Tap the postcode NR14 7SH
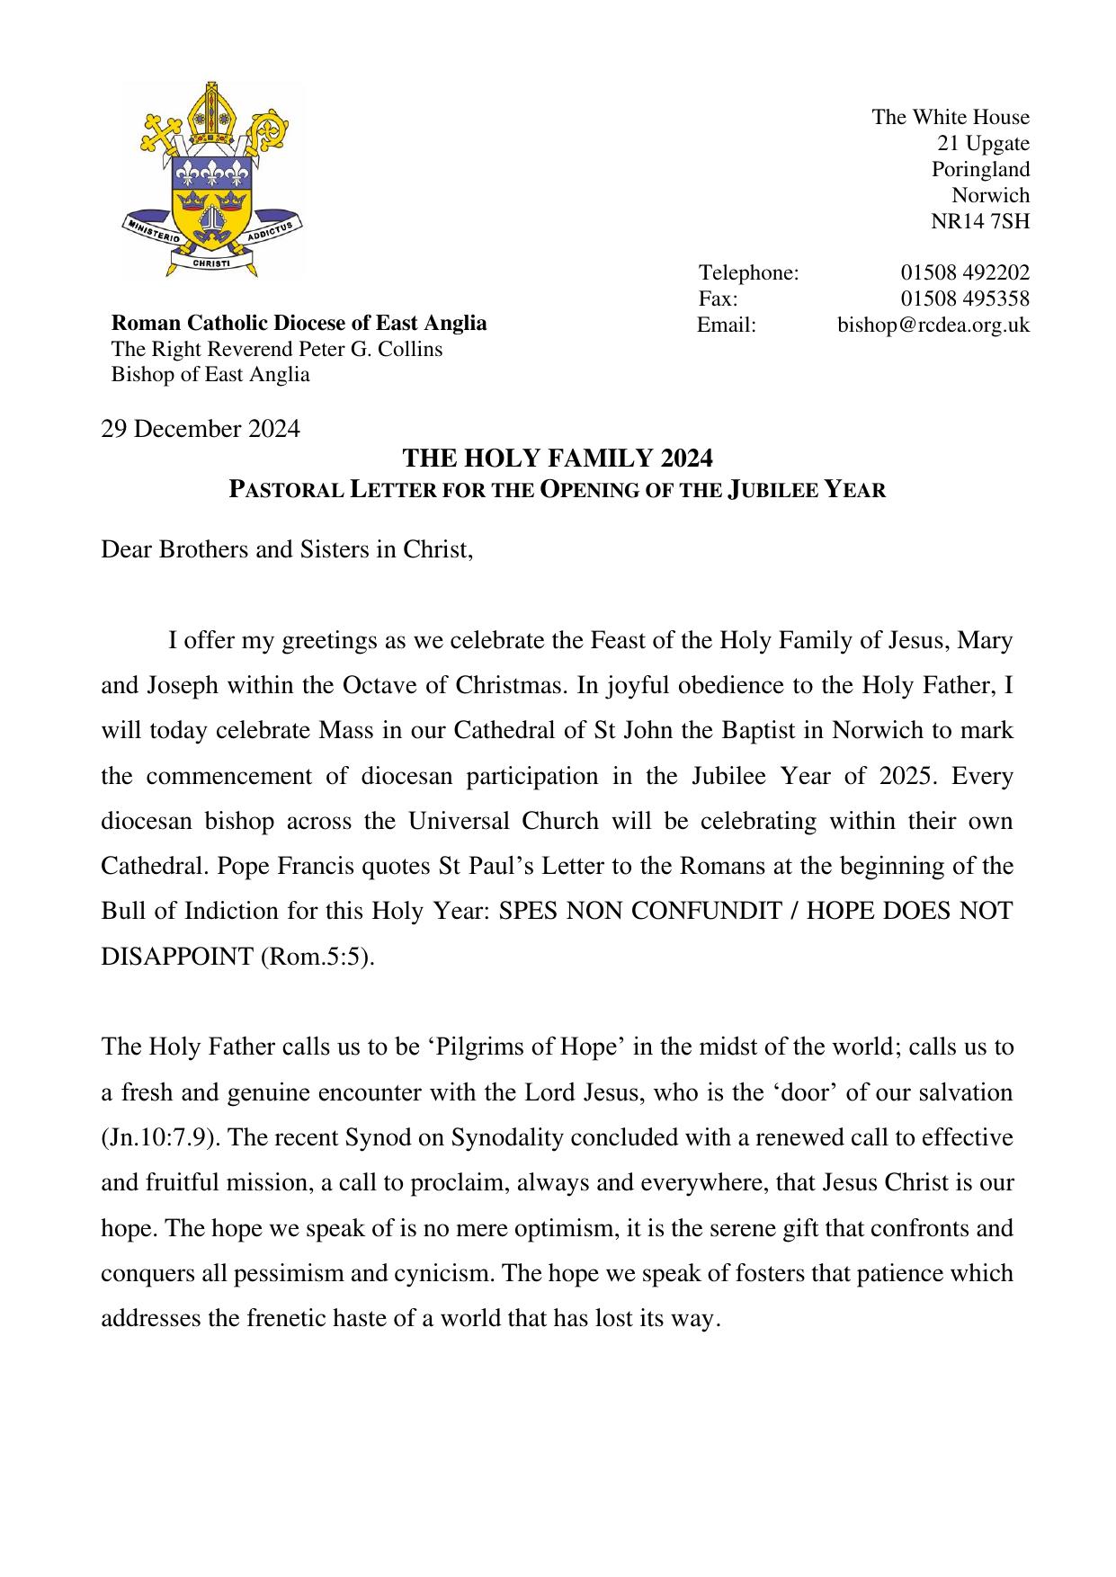click(980, 221)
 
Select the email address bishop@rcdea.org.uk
click(933, 325)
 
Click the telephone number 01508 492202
click(965, 272)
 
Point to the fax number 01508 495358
click(965, 298)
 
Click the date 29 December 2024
click(201, 429)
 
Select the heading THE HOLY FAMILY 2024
click(558, 459)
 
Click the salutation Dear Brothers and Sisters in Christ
click(287, 549)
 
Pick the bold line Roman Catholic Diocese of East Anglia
click(299, 323)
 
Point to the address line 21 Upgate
click(983, 143)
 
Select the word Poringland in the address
click(980, 169)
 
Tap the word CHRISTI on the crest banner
click(213, 264)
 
